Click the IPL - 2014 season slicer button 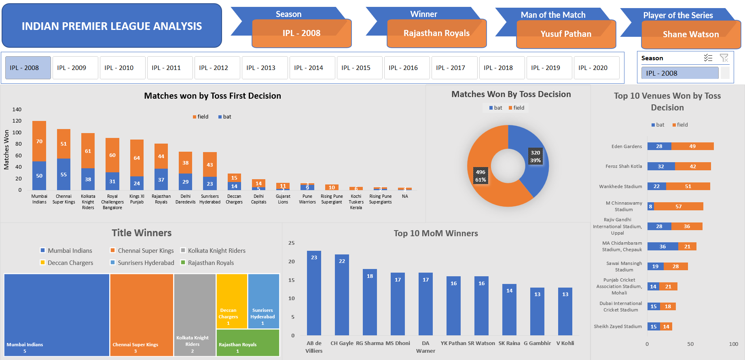312,68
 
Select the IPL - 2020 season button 596,68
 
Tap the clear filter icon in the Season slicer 724,58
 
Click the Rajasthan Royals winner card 436,34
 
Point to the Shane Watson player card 690,35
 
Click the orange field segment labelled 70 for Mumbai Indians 39,141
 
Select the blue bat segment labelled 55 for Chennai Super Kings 63,174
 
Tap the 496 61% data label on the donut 480,176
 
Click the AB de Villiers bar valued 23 314,293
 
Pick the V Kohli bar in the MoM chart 565,311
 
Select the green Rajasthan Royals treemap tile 248,343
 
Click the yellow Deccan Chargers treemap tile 232,301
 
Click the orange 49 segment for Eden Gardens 692,146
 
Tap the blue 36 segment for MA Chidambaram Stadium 662,246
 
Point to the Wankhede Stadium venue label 620,186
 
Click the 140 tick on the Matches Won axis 17,110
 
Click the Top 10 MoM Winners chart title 436,233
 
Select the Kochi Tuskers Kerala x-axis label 356,202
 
